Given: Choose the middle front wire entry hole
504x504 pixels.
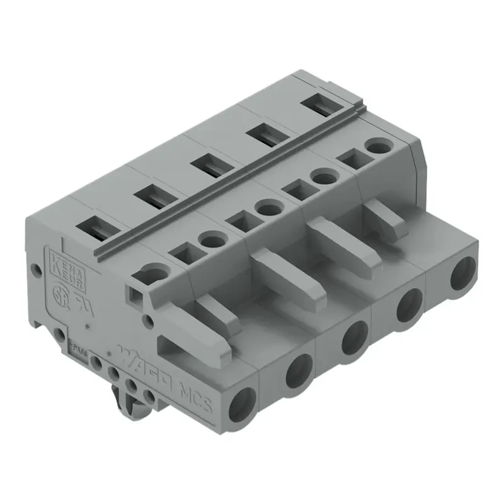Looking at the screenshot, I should point(354,336).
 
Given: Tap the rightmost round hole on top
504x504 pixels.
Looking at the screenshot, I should point(379,149).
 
